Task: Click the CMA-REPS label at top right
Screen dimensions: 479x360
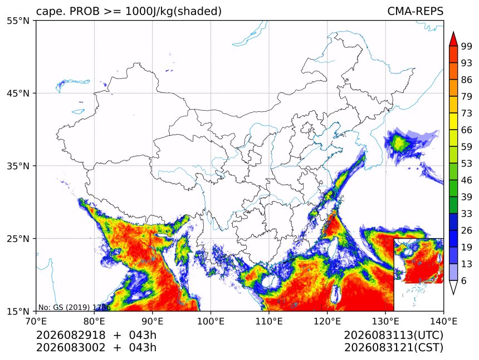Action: point(415,11)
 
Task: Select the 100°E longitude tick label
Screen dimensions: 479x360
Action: point(211,321)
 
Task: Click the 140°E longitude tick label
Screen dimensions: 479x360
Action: point(443,321)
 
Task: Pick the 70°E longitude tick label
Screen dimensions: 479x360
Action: point(36,321)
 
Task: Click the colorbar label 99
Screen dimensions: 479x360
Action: point(467,46)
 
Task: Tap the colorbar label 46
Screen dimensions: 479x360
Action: point(467,180)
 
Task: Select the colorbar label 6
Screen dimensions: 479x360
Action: point(464,280)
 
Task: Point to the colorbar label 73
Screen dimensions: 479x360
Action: point(467,113)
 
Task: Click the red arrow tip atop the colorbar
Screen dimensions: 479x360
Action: point(453,32)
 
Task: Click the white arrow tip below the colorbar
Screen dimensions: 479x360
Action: point(453,294)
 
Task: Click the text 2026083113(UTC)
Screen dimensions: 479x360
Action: point(393,335)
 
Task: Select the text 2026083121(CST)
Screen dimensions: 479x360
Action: point(393,348)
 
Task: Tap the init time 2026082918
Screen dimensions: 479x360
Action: point(71,335)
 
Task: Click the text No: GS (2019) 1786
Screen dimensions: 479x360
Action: point(74,307)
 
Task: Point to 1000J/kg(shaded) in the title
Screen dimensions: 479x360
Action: point(174,11)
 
